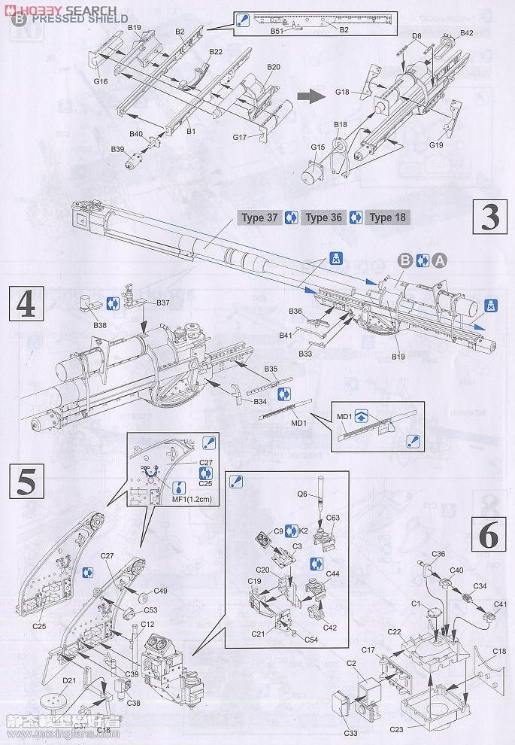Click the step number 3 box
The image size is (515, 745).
(x=489, y=218)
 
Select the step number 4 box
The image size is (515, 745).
(x=25, y=304)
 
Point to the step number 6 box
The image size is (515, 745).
(x=487, y=535)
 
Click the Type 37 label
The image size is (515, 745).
(x=260, y=218)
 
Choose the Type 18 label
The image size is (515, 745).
(x=389, y=218)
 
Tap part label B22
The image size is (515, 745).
(x=215, y=51)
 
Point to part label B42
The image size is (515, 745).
(x=465, y=33)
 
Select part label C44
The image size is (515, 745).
(x=334, y=573)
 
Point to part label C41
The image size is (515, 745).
(x=501, y=604)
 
